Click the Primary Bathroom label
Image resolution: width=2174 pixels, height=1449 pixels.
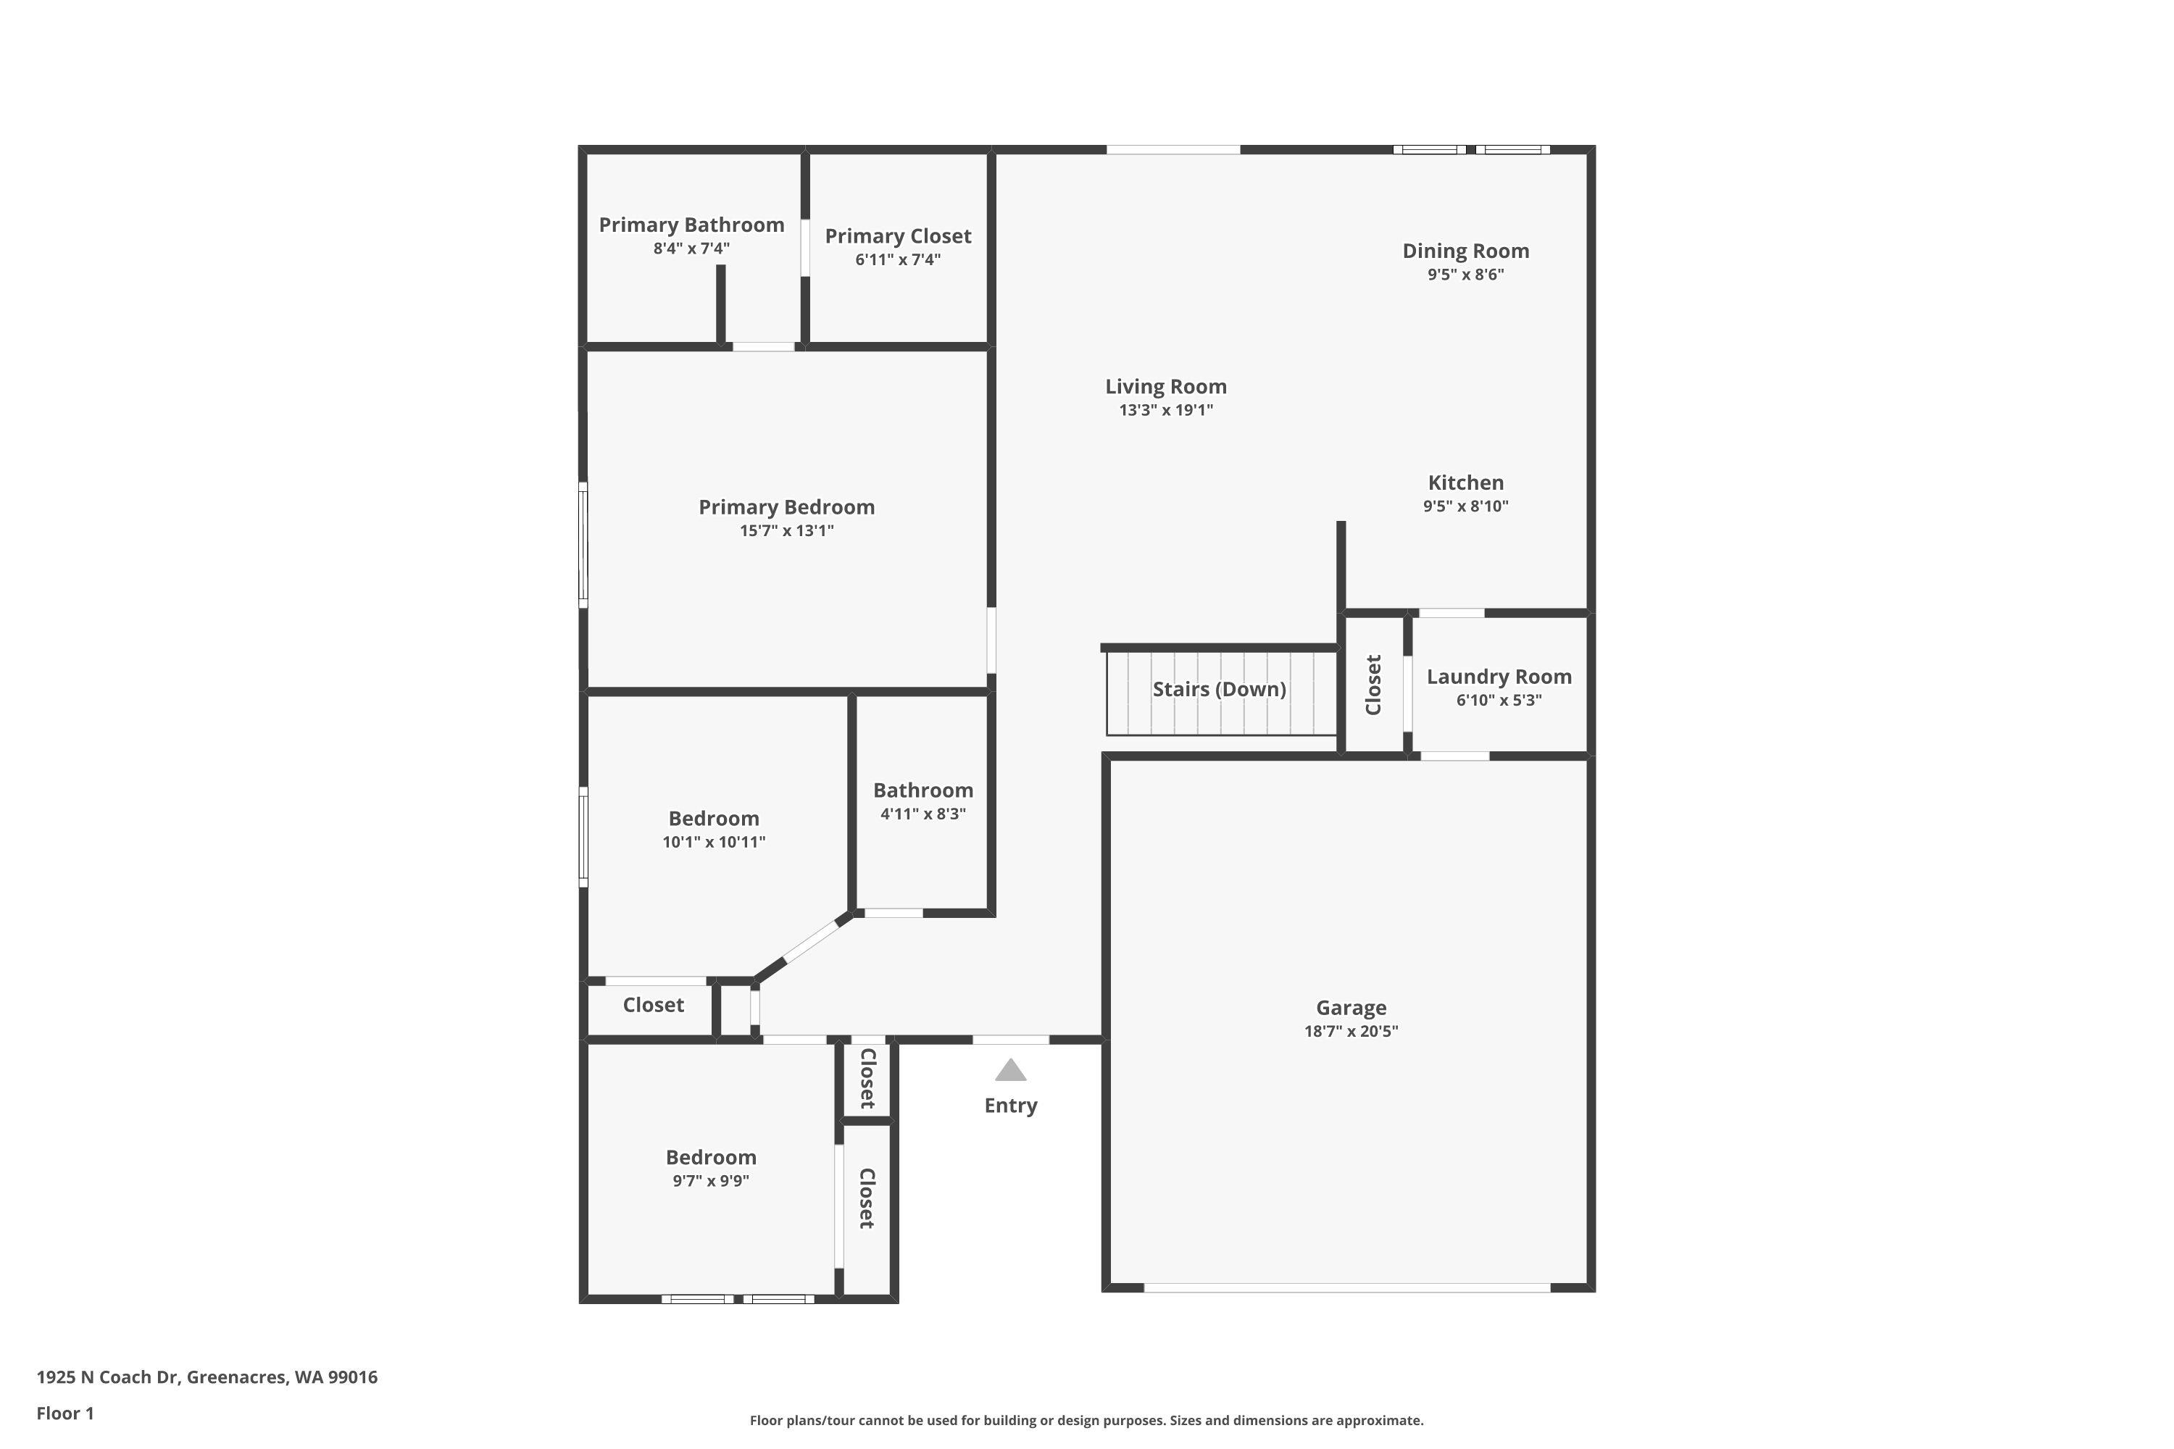[691, 225]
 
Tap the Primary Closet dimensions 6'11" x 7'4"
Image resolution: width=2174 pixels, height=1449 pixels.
[898, 259]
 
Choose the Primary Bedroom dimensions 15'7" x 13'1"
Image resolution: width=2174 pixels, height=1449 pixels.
[786, 530]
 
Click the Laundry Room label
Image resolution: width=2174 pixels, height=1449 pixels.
[1499, 677]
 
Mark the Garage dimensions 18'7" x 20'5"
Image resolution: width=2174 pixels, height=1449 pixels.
[1351, 1031]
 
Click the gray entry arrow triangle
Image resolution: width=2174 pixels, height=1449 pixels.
[1010, 1070]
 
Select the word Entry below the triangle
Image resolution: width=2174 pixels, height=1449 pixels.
[1010, 1106]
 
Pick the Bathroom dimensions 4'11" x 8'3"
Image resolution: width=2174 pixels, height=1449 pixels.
[923, 814]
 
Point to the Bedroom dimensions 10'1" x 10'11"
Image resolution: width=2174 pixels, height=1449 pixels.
[714, 842]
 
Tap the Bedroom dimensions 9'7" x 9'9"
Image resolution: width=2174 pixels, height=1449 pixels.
[711, 1181]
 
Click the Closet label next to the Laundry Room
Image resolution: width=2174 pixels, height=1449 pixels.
[1373, 685]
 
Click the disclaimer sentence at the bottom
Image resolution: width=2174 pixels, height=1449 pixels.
[1086, 1420]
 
